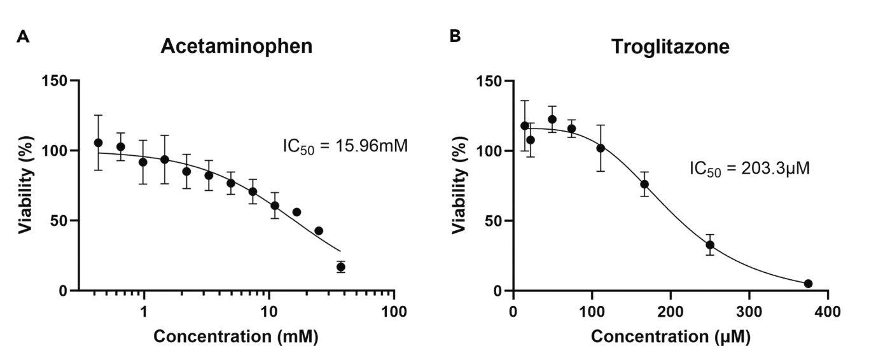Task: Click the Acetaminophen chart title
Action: click(237, 46)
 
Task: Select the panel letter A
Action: click(22, 37)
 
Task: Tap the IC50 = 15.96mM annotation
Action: click(344, 146)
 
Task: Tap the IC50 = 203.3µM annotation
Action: click(749, 169)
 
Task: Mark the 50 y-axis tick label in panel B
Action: click(492, 221)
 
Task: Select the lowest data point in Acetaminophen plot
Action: click(341, 267)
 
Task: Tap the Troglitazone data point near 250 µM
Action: click(710, 245)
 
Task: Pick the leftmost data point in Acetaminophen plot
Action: click(98, 142)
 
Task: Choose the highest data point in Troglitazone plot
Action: click(552, 120)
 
